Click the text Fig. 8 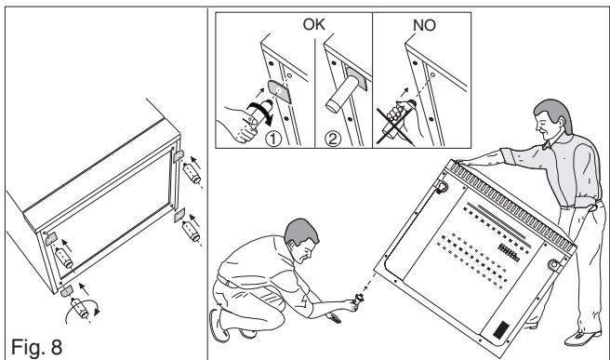[36, 347]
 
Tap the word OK [313, 24]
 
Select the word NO [424, 26]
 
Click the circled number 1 [273, 139]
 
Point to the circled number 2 [333, 139]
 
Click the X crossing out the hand [393, 126]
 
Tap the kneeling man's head [302, 239]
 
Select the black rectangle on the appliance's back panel [501, 330]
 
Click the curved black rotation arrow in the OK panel [261, 112]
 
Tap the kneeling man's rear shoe [219, 326]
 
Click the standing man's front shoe [582, 339]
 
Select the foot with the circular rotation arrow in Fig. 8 [81, 309]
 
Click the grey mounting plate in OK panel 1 [279, 92]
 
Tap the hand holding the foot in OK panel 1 [239, 123]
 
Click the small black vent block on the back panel [509, 253]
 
